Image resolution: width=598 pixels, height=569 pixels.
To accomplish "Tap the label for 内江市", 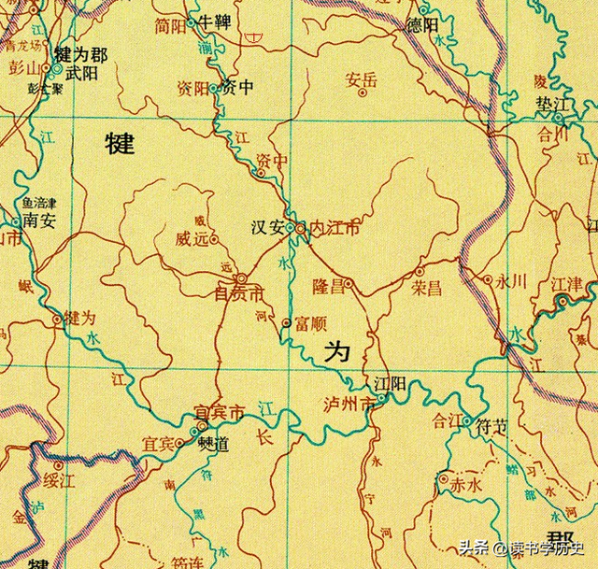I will (x=335, y=227).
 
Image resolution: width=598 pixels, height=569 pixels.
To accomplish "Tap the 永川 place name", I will (x=513, y=279).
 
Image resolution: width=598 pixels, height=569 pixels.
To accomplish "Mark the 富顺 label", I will (x=309, y=323).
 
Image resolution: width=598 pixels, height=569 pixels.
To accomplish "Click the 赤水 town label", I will (x=464, y=486).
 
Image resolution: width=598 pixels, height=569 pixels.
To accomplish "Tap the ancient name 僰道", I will (x=214, y=443).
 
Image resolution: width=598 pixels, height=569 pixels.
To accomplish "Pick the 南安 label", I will (x=41, y=221).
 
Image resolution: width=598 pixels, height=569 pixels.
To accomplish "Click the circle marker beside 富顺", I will (x=286, y=322).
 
